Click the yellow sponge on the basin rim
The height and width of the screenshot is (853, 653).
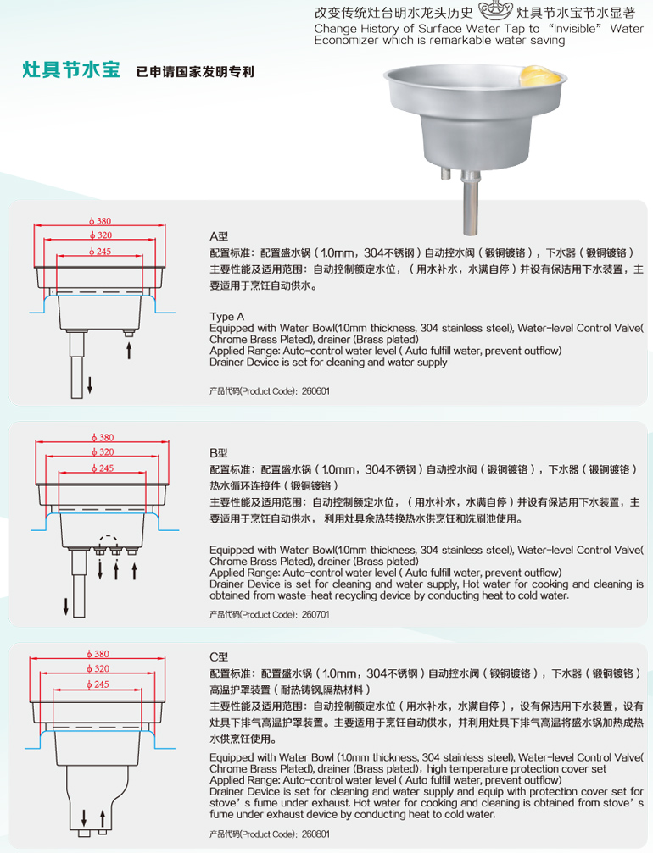539,75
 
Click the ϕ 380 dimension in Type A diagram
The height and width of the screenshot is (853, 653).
100,221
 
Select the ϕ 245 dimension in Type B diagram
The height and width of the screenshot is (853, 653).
103,468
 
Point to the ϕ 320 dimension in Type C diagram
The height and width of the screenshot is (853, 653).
98,668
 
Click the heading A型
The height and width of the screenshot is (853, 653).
219,236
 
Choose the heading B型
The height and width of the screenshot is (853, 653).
219,452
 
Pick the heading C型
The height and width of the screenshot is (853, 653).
219,656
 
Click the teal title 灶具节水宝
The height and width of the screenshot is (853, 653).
70,70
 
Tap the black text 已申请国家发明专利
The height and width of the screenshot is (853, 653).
195,72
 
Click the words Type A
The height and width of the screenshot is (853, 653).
227,317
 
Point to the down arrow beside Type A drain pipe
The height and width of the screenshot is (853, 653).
90,385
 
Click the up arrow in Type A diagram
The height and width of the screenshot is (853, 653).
129,351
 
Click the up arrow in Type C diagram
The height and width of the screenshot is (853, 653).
103,818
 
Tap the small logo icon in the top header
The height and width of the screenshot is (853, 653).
495,10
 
